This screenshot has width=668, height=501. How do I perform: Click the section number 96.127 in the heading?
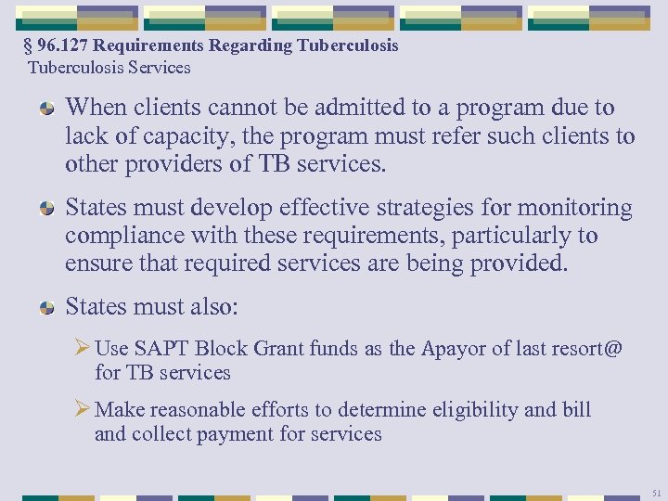tap(64, 45)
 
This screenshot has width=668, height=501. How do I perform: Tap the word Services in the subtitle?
tap(160, 67)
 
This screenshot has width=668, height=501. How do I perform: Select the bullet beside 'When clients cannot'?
tap(46, 109)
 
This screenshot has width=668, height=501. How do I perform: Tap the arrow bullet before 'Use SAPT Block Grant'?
tap(83, 349)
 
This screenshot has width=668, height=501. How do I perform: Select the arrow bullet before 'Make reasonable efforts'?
tap(83, 410)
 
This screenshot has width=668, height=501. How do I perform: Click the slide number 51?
tap(657, 492)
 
